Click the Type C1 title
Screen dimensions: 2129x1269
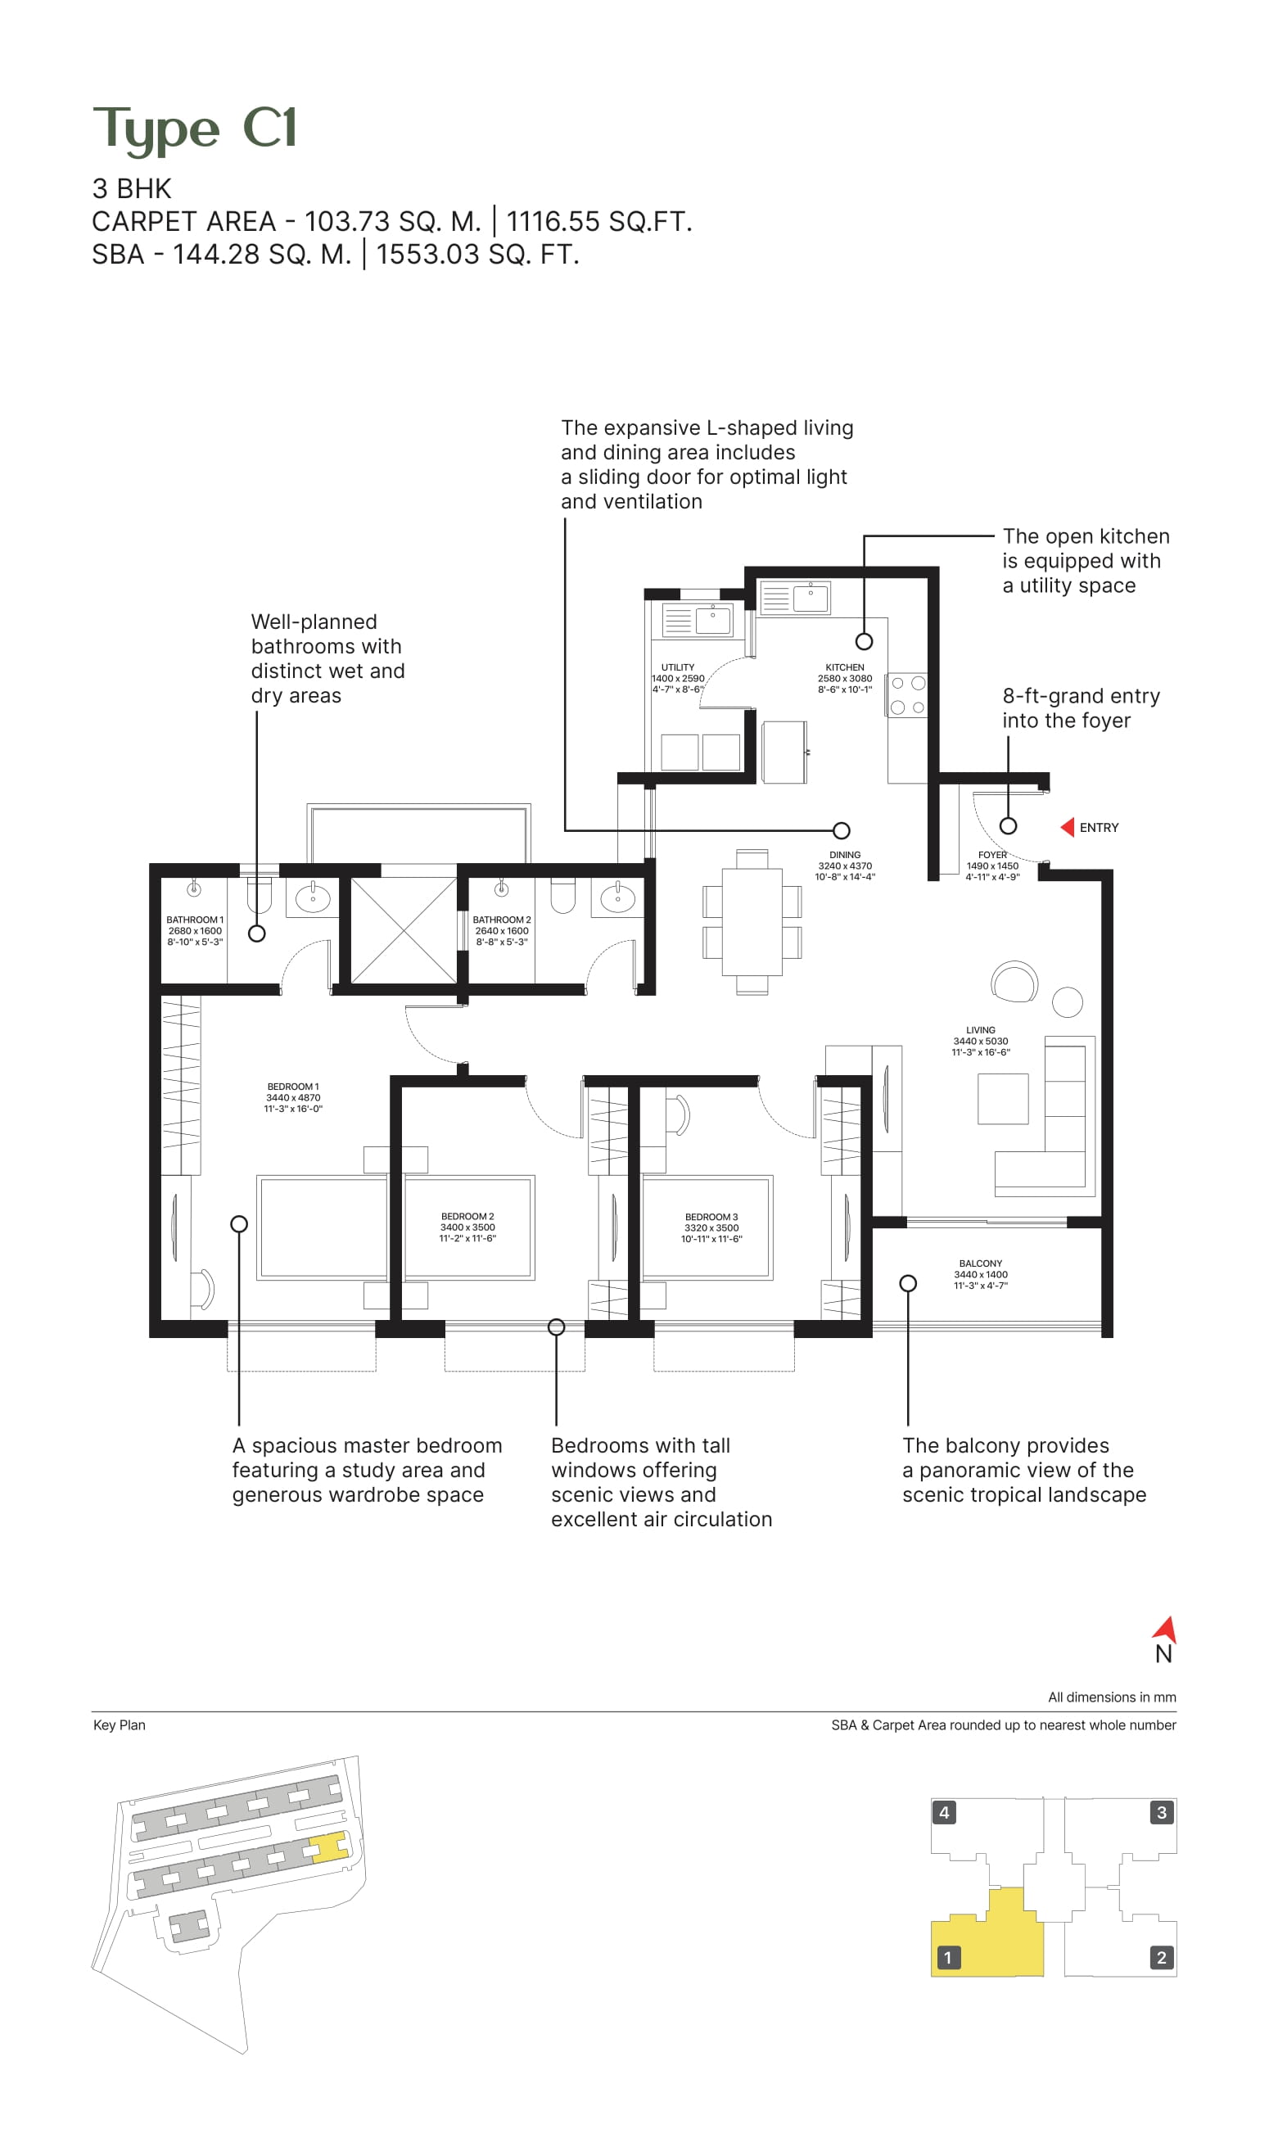click(194, 129)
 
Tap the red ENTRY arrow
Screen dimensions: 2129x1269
click(1068, 827)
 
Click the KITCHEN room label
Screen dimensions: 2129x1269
click(844, 667)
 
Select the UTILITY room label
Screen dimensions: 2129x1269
click(677, 667)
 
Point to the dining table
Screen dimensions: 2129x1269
click(752, 921)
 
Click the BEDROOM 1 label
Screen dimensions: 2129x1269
click(292, 1087)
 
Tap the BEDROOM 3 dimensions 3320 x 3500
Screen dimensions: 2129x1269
click(711, 1227)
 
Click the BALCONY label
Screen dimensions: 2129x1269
click(980, 1263)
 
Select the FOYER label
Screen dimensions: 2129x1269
click(992, 855)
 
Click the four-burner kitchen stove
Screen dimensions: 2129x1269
click(907, 695)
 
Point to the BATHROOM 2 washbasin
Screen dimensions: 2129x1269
click(617, 897)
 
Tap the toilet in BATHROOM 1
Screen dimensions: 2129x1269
click(259, 894)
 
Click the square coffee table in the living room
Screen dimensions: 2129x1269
click(1003, 1099)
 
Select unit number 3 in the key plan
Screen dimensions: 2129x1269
click(1161, 1812)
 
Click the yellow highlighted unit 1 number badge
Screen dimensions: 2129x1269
click(947, 1957)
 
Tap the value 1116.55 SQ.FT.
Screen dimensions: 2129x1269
click(598, 221)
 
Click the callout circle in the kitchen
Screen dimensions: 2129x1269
click(864, 641)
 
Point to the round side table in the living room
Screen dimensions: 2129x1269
click(1068, 1002)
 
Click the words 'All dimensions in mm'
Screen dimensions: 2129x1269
click(1112, 1697)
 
